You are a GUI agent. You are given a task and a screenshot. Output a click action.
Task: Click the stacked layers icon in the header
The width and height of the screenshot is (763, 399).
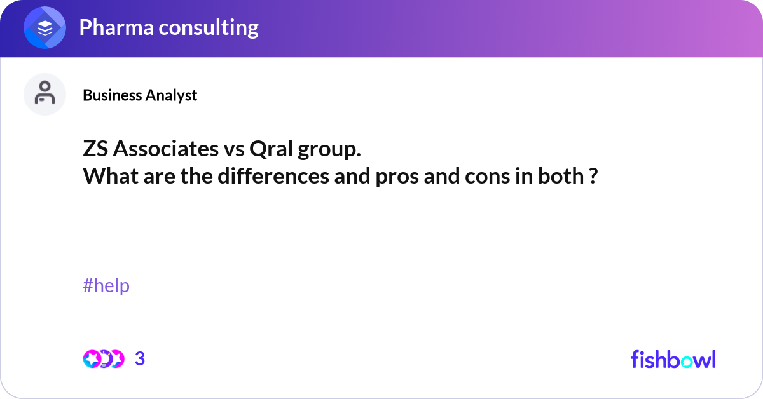45,29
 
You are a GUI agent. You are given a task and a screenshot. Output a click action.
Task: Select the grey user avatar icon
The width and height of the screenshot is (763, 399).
45,94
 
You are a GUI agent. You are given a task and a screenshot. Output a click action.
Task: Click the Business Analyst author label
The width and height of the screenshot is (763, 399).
140,95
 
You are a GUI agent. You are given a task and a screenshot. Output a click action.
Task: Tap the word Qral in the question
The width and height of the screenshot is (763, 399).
272,151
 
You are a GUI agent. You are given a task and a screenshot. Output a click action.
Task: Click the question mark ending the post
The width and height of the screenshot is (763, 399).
593,175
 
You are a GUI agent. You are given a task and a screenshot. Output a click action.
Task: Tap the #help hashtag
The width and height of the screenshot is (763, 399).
106,286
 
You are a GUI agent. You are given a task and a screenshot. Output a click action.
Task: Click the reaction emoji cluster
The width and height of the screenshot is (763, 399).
103,359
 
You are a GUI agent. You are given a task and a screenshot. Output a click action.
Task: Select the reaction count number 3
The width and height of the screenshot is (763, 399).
140,359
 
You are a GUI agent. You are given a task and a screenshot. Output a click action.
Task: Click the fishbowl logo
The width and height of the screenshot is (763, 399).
673,359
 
